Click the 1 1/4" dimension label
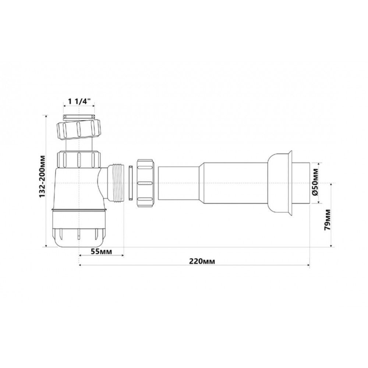79,102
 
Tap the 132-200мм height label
42,176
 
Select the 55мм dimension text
102,251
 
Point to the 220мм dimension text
202,261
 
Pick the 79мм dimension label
327,220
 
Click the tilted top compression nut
79,130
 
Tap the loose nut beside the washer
145,183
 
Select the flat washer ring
131,183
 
